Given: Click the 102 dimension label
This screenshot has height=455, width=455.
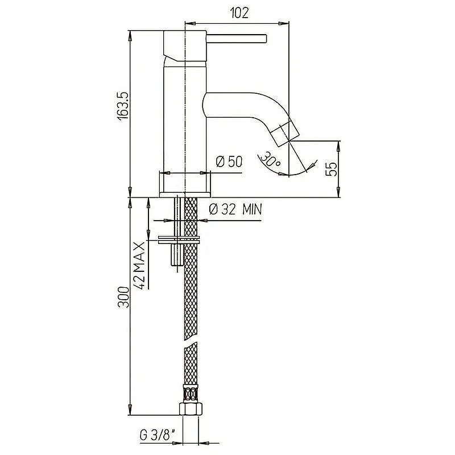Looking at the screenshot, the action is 239,13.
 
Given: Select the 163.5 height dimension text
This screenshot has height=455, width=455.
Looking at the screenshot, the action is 123,106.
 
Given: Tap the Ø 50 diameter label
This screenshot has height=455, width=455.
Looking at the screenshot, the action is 229,162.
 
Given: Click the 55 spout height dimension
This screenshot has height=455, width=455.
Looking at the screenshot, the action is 332,169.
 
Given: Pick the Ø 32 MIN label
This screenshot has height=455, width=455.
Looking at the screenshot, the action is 235,209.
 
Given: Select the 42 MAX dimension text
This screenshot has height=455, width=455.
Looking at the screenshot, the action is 140,266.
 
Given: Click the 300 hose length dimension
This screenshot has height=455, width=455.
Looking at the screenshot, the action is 123,297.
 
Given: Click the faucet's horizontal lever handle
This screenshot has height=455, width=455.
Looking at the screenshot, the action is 236,39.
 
